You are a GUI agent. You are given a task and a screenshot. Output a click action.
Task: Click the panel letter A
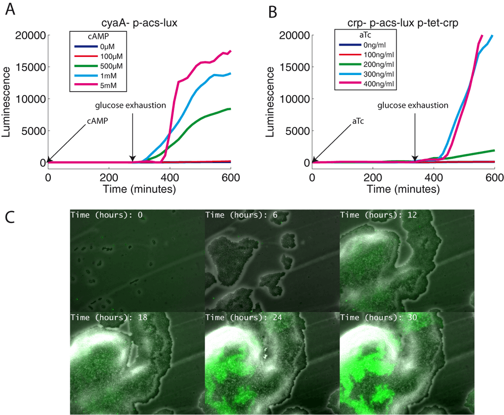point(10,9)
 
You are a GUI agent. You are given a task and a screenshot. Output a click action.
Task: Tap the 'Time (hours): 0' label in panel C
point(107,215)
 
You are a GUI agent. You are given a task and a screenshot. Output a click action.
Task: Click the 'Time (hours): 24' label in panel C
point(244,318)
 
